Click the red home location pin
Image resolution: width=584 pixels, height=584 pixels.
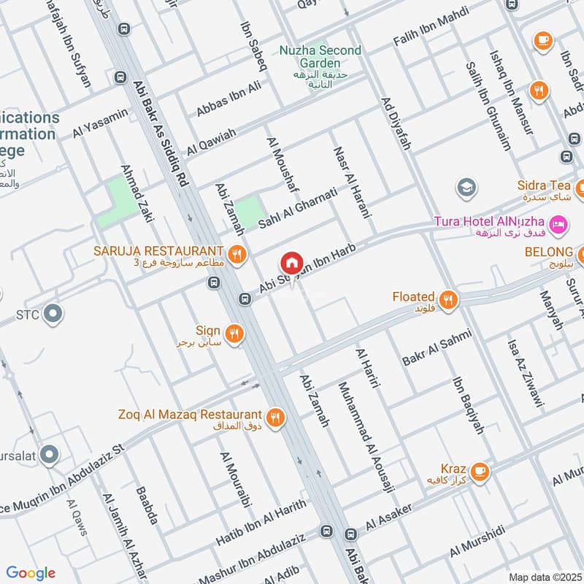[x=291, y=262]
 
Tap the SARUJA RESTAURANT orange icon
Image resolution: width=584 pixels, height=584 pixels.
[x=236, y=255]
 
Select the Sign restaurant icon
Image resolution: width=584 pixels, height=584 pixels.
[x=234, y=334]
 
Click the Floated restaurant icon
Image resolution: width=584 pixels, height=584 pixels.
[x=447, y=299]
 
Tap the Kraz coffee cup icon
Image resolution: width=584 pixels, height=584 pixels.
[x=479, y=471]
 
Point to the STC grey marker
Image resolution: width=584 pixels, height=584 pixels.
[x=52, y=315]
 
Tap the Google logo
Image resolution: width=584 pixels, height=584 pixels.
[x=31, y=572]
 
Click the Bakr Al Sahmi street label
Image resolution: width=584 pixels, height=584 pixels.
[x=437, y=347]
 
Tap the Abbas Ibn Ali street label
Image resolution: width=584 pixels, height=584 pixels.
[x=228, y=99]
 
